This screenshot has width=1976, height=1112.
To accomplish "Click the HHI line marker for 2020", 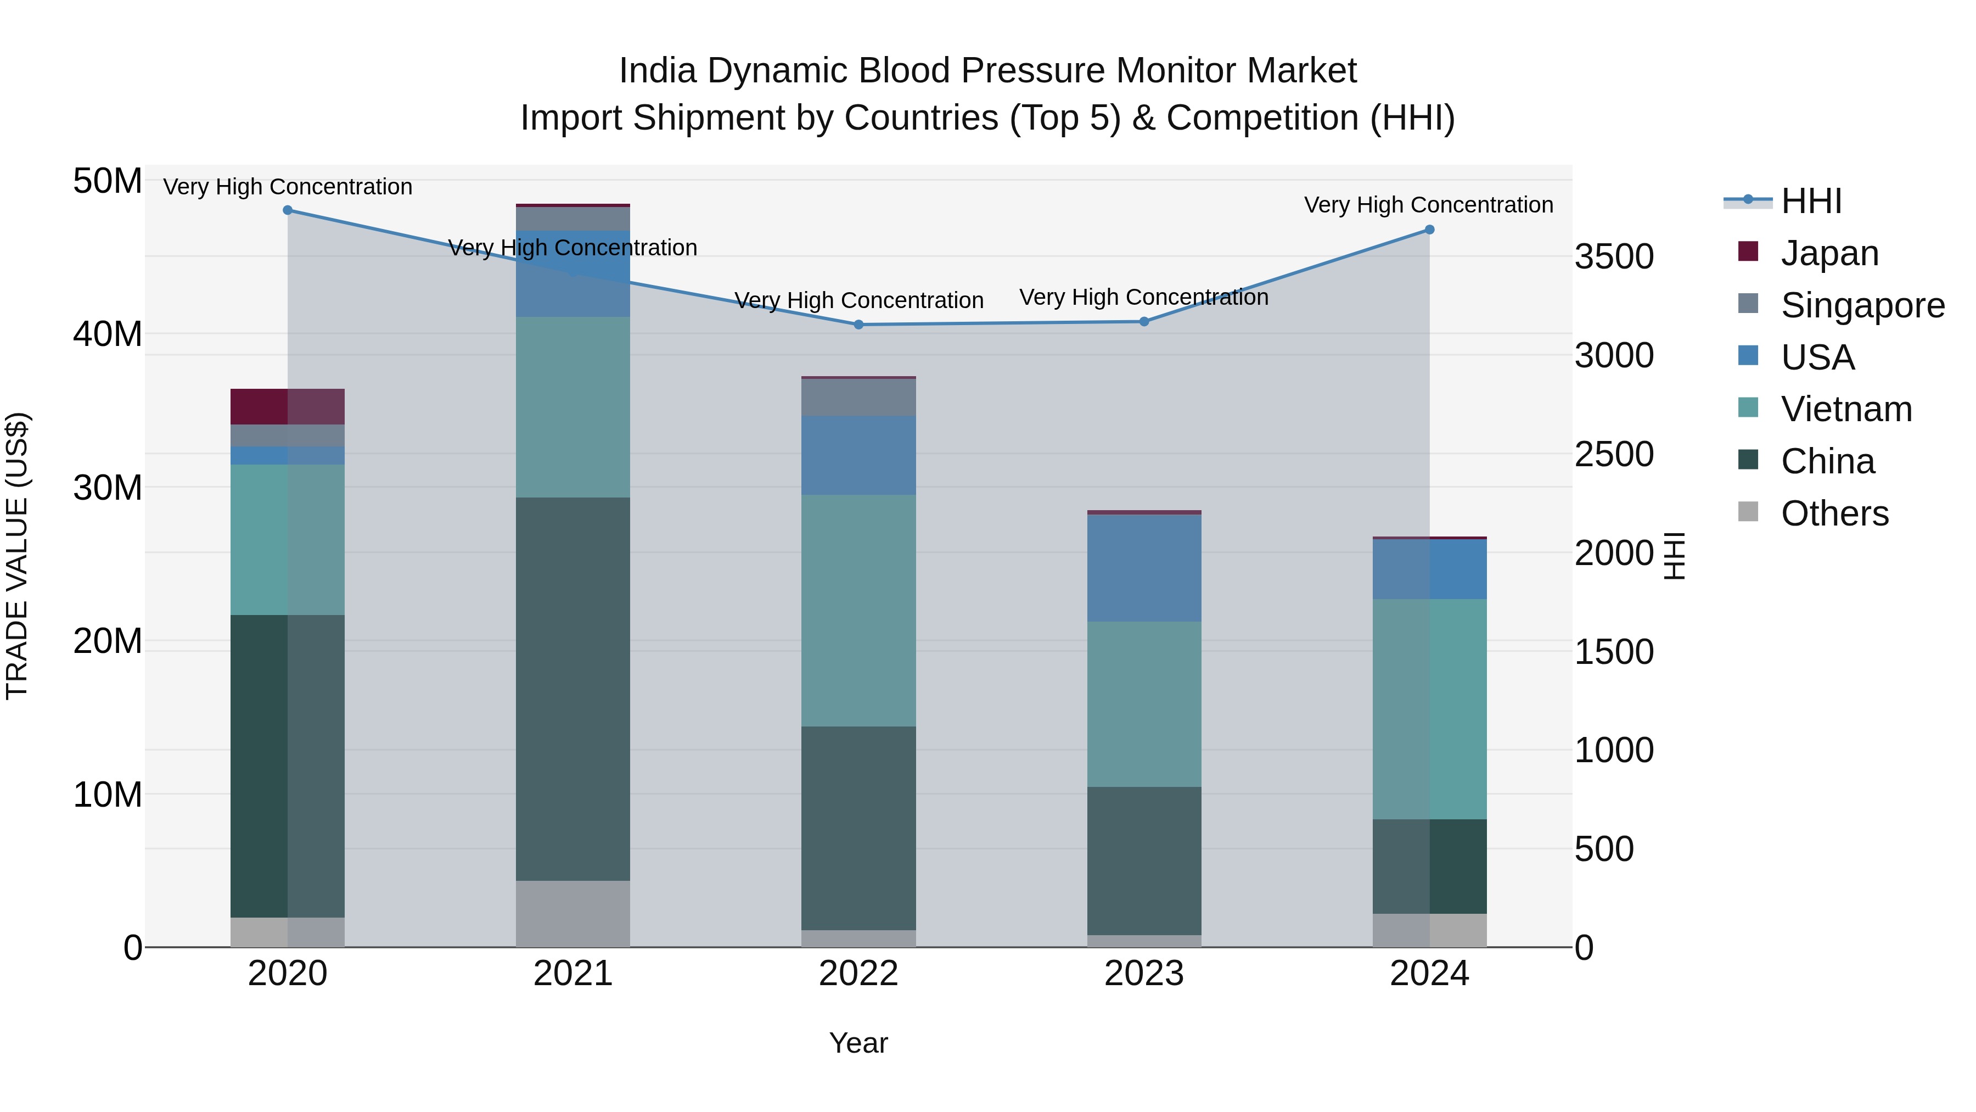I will [288, 210].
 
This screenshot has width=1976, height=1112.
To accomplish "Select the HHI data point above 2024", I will [1429, 230].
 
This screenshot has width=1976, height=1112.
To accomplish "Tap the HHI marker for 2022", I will [858, 325].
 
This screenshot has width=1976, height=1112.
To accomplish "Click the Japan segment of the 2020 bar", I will [287, 407].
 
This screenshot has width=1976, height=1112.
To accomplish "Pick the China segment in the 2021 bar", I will [573, 689].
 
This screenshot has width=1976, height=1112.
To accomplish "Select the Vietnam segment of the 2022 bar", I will [858, 610].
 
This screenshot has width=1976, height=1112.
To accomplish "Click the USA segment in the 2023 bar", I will [1144, 568].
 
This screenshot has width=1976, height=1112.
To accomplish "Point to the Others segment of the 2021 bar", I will [573, 913].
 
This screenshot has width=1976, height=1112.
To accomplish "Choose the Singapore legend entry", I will [1862, 305].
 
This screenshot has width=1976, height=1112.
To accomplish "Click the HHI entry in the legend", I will [1810, 201].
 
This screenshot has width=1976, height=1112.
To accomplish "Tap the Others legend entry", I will [1834, 513].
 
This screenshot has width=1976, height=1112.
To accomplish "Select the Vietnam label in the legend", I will [1845, 409].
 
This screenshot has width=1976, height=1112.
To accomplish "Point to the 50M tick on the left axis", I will [108, 182].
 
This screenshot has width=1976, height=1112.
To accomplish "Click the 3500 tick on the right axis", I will [1614, 256].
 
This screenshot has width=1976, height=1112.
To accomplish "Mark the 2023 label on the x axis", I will [1144, 974].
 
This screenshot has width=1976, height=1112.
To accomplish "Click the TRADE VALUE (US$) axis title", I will [17, 556].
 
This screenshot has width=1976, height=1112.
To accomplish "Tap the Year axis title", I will [858, 1043].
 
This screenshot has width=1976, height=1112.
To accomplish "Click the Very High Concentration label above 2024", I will [1428, 205].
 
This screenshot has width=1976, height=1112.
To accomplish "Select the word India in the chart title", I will [658, 71].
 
